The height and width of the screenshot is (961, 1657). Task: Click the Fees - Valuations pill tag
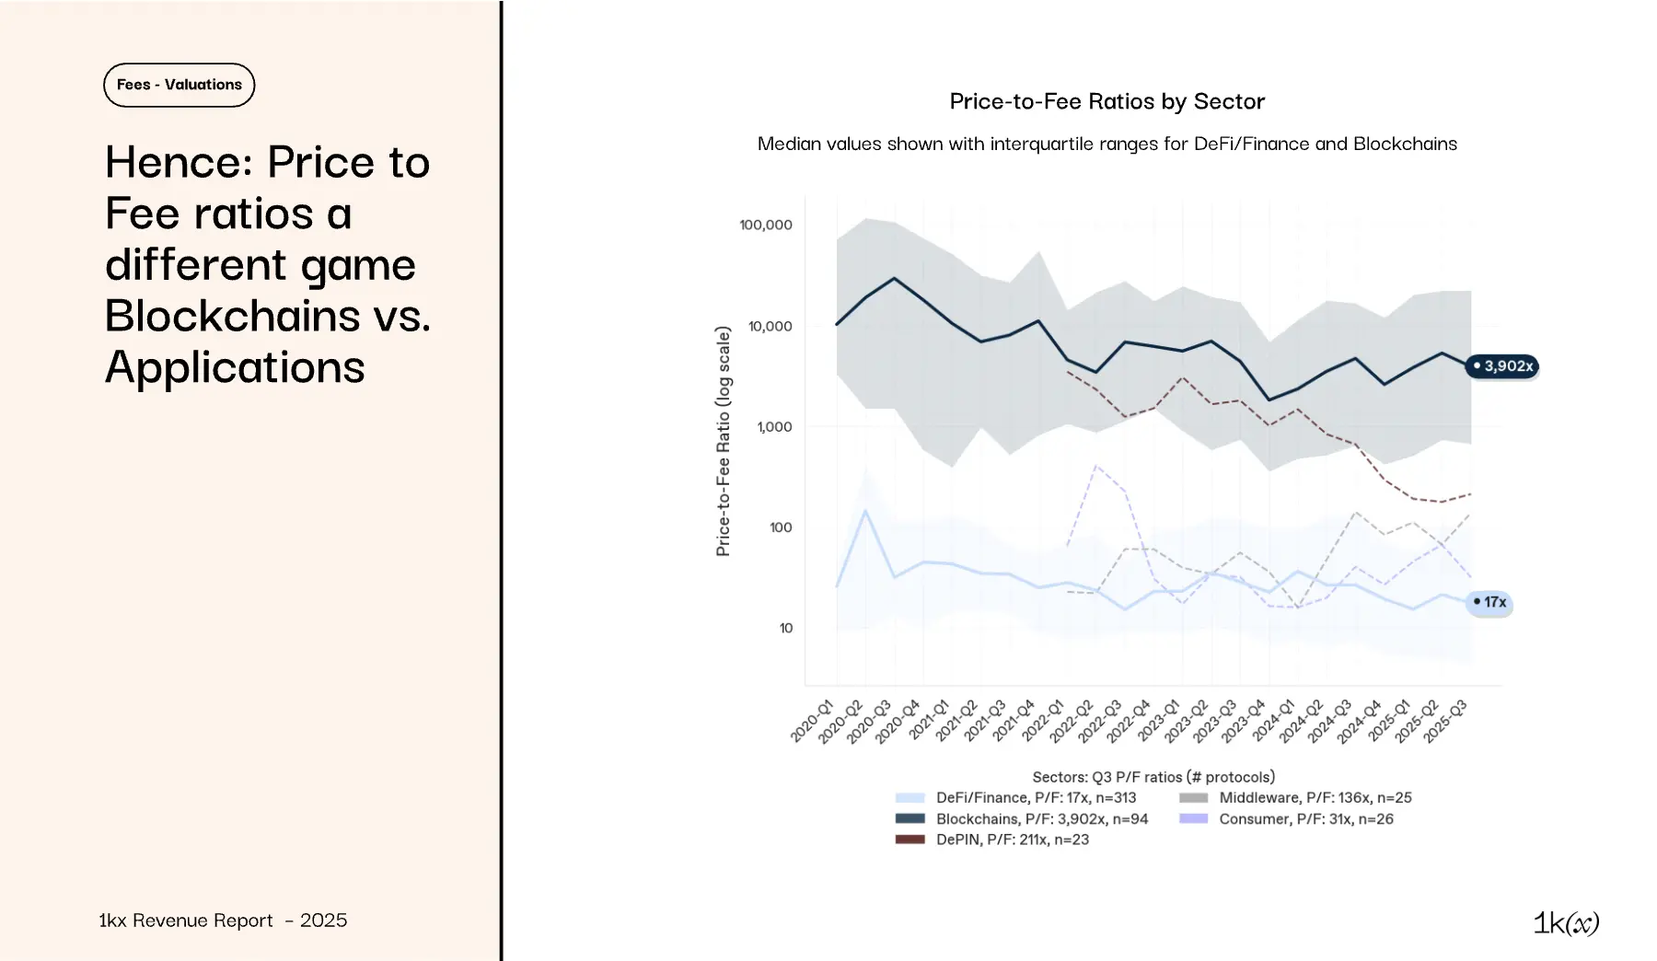179,85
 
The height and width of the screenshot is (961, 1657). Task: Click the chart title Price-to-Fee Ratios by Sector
1107,101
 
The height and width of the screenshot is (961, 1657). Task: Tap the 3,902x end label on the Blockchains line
1502,366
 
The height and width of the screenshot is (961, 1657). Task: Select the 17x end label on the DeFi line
1489,602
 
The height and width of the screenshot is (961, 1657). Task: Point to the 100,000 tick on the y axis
765,225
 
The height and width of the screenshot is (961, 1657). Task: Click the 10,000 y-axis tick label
770,326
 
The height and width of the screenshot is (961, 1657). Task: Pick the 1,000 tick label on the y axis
774,427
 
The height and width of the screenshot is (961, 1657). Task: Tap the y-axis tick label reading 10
785,629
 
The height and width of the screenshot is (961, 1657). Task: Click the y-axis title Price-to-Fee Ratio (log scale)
724,441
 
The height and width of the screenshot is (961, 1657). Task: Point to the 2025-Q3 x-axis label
1444,722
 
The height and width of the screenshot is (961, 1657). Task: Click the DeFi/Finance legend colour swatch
910,798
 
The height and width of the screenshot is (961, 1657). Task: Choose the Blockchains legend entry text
1041,819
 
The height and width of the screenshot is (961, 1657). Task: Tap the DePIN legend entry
1012,839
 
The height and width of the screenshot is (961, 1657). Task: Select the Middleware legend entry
1315,798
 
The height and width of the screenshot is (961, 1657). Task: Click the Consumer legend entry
1305,819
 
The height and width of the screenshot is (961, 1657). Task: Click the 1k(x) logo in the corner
1566,922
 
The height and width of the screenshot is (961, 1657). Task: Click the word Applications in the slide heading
235,367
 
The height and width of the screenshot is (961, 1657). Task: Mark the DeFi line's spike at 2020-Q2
865,510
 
